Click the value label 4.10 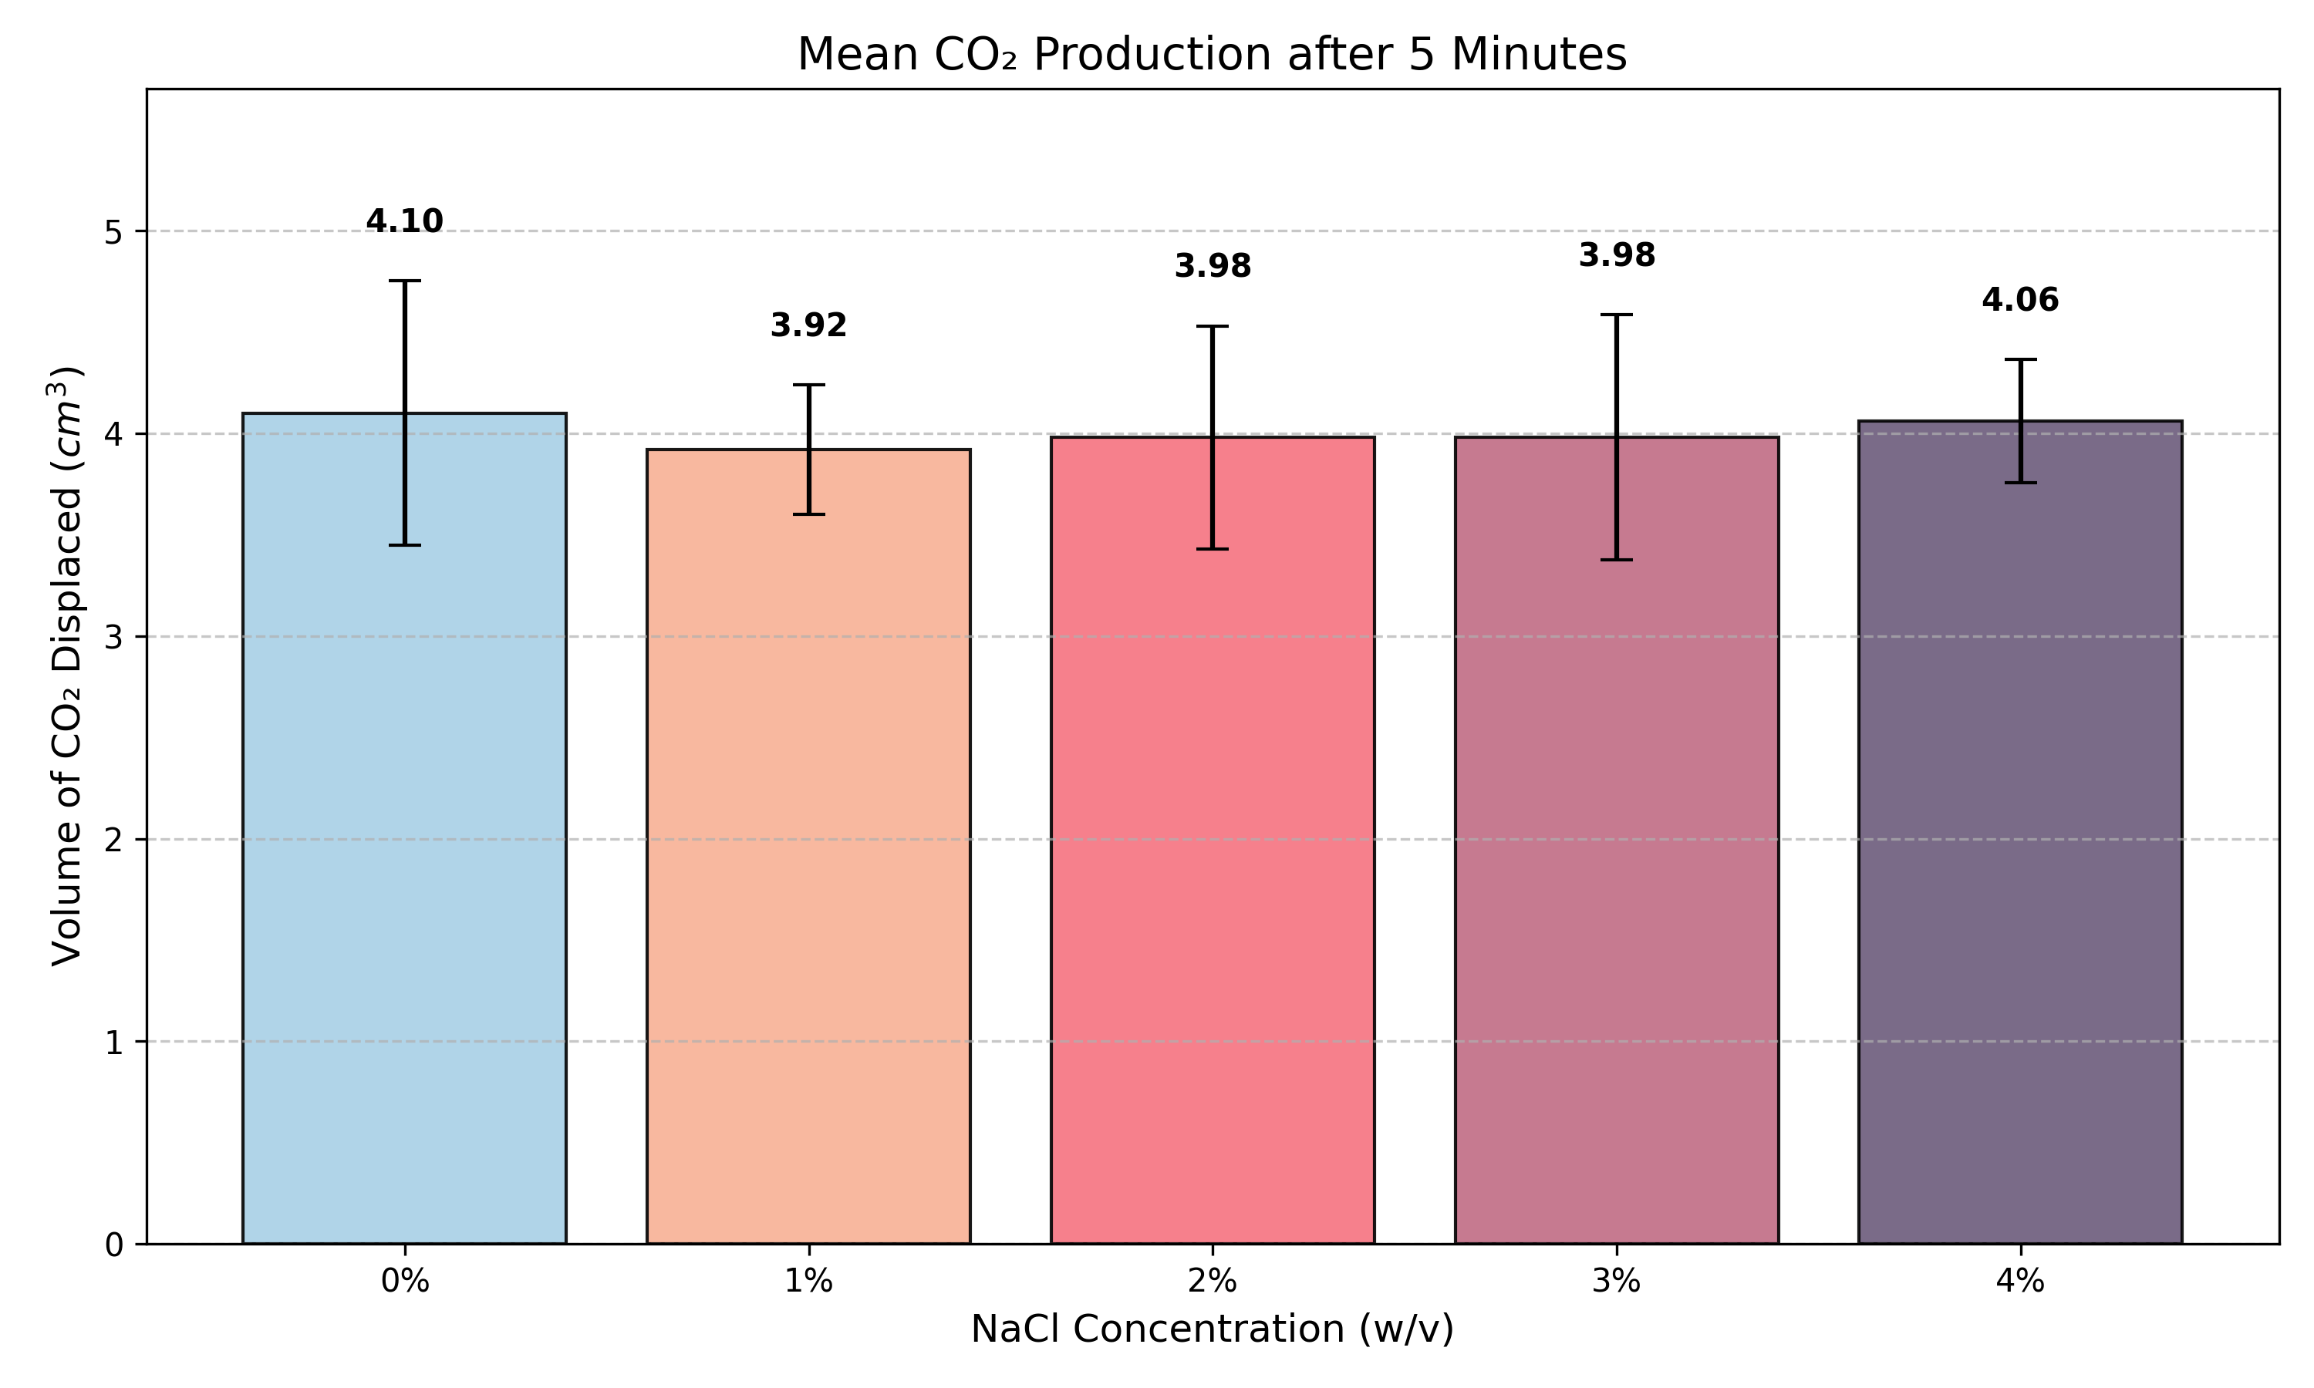coord(404,221)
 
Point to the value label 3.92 coord(808,326)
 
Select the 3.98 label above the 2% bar coord(1213,267)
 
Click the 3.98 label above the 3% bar coord(1616,255)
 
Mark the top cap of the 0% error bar coord(404,281)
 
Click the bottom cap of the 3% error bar coord(1616,559)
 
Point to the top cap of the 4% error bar coord(2020,359)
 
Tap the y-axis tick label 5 coord(113,232)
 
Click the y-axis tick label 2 coord(113,840)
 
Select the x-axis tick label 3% coord(1616,1282)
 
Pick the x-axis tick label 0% coord(404,1282)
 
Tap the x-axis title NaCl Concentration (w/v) coord(1213,1329)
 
